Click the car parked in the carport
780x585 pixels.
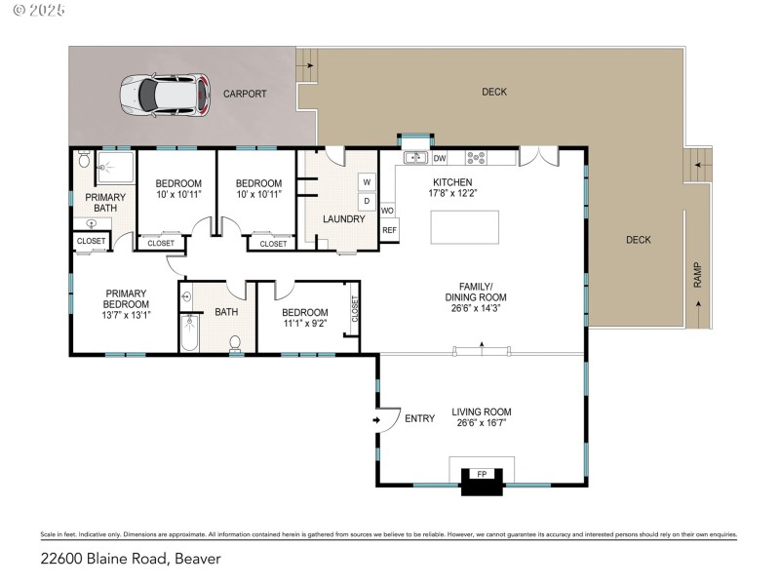point(164,95)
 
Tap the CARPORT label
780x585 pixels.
point(244,95)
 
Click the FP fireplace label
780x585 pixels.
point(481,474)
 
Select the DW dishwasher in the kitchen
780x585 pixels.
point(440,158)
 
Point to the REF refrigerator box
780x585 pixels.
point(389,230)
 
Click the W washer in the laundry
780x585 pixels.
point(367,181)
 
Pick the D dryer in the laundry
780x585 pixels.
point(367,202)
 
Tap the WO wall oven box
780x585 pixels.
point(387,210)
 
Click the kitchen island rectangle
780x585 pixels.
point(465,227)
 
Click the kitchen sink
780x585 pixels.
point(414,158)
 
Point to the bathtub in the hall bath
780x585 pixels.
point(189,331)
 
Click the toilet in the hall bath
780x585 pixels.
point(235,342)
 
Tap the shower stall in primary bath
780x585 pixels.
point(117,168)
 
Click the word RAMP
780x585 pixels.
point(697,276)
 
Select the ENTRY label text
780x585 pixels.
point(419,418)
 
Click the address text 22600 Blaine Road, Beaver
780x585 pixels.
point(131,559)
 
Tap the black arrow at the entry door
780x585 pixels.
point(376,420)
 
